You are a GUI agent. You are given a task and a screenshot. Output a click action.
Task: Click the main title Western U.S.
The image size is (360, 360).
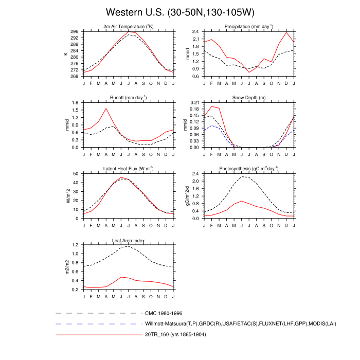pos(180,12)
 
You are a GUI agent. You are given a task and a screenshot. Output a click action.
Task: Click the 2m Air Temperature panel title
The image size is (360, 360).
pos(129,26)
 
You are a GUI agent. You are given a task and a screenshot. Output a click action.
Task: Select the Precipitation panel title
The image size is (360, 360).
pos(249,26)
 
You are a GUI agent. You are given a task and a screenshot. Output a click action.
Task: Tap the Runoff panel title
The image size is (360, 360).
pos(129,97)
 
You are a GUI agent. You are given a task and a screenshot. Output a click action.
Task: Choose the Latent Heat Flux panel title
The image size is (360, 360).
pos(129,169)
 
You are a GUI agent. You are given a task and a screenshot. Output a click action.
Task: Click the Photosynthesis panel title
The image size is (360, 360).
pos(249,169)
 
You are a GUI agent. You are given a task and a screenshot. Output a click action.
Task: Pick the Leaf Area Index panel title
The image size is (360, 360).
pos(129,240)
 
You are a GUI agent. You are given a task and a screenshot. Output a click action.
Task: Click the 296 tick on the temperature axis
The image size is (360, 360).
pos(75,31)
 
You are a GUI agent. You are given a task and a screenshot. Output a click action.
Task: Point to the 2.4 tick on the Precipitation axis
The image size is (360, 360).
pos(196,31)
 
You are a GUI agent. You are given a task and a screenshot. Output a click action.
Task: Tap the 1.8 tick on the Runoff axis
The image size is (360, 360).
pos(76,103)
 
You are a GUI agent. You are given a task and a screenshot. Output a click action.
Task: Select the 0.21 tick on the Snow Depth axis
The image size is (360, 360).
pos(195,103)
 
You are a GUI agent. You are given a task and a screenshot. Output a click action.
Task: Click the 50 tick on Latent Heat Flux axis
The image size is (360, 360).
pos(77,174)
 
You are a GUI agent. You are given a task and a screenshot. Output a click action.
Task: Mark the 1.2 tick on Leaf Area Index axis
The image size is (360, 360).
pos(76,245)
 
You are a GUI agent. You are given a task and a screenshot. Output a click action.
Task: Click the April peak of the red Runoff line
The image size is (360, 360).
pos(106,108)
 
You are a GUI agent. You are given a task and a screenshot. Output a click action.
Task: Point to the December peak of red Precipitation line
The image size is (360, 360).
pos(286,32)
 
